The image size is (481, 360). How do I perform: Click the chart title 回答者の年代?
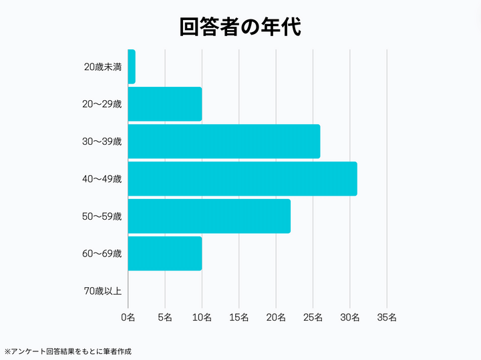click(240, 26)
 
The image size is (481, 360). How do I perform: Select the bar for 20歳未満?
click(131, 67)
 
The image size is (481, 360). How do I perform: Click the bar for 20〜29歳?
click(164, 104)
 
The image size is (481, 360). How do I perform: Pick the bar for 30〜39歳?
click(223, 142)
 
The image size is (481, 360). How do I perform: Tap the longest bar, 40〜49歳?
click(242, 179)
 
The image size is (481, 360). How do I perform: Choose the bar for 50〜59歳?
click(208, 216)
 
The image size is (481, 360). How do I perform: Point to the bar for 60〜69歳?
click(164, 254)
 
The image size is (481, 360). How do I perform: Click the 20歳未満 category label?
click(103, 67)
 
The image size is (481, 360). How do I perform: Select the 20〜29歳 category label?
click(102, 104)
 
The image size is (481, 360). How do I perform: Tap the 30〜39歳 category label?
click(102, 142)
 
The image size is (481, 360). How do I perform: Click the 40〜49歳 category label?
click(102, 179)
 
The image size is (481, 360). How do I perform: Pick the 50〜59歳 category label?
click(102, 216)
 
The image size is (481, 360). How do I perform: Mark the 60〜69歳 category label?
click(102, 254)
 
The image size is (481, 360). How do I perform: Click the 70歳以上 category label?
click(103, 291)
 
